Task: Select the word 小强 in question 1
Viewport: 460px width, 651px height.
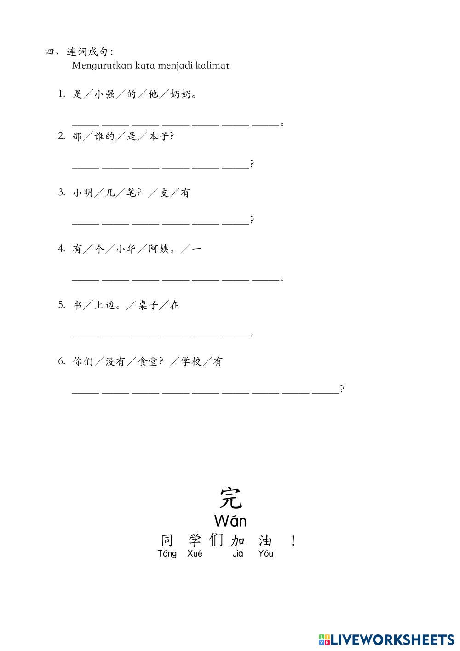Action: (x=104, y=94)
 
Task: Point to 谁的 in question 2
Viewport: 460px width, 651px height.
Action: (x=104, y=136)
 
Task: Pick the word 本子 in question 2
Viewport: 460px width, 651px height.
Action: (x=159, y=136)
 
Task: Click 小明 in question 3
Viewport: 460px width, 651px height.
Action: (x=83, y=193)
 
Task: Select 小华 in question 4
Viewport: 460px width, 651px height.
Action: (x=126, y=249)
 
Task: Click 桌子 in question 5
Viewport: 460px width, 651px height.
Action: (x=148, y=305)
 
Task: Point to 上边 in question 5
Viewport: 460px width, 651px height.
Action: (x=104, y=305)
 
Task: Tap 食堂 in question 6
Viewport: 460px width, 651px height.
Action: (x=148, y=362)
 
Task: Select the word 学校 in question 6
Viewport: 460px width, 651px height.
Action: (x=191, y=362)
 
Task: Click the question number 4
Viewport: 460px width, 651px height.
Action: (x=61, y=249)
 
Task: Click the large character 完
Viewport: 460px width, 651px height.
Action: (x=230, y=497)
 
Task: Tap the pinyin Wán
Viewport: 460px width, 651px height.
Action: (x=230, y=521)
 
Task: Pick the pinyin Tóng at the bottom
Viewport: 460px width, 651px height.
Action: (x=167, y=554)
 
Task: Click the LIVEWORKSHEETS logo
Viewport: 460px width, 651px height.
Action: (x=386, y=639)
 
